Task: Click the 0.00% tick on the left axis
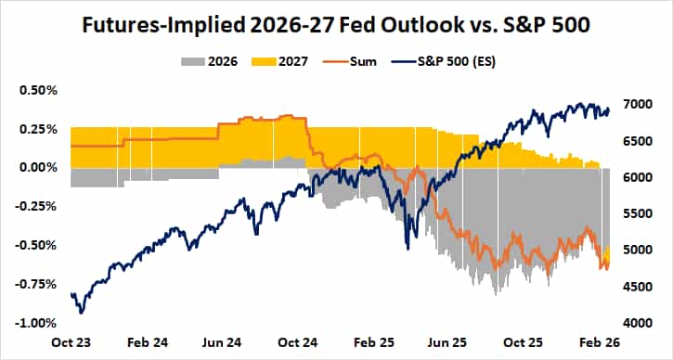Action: coord(38,168)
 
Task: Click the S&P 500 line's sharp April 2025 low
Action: coord(408,247)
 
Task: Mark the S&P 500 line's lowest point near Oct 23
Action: coord(82,313)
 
